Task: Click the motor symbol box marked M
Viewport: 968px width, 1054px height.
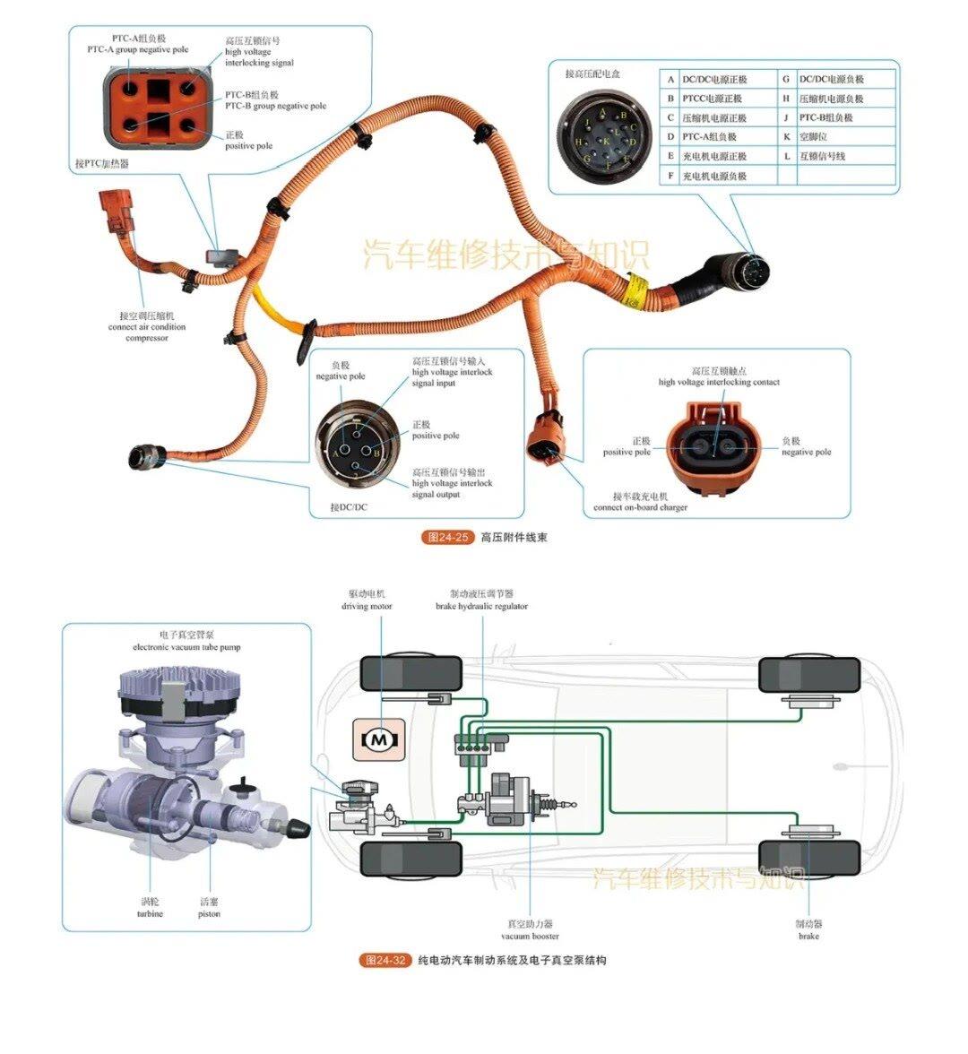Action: coord(379,739)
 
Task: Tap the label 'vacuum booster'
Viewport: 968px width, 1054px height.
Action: coord(530,936)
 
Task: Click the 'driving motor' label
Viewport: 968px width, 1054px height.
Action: coord(367,606)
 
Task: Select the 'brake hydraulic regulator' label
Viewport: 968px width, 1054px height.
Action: coord(481,606)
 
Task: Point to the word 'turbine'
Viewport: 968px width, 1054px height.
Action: coord(150,913)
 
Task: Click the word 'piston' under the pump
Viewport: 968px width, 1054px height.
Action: coord(209,913)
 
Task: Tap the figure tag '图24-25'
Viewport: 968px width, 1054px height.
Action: coord(446,538)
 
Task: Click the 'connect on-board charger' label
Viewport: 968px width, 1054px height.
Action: coord(640,507)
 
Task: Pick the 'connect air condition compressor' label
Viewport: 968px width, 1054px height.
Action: coord(147,327)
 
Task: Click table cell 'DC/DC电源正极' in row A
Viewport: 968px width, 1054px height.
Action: coord(714,80)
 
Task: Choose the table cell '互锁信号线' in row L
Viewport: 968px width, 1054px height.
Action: coord(822,156)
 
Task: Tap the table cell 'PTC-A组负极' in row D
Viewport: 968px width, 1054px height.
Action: coord(709,137)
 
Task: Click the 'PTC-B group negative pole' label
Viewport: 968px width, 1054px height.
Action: coord(275,106)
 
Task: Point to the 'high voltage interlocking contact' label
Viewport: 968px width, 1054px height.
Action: coord(719,382)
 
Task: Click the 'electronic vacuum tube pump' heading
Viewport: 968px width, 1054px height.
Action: coord(186,646)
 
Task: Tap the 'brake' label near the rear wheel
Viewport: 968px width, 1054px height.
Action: coord(808,936)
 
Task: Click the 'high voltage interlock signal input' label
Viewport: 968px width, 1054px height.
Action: coord(452,372)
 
